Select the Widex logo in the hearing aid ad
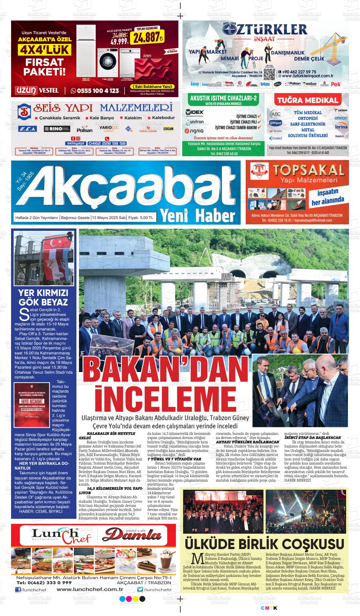coord(195,112)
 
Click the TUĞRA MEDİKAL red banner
coord(307,101)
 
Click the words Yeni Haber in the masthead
coord(198,215)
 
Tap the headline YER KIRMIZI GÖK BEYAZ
coord(43,297)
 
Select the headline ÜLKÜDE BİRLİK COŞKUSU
coord(264,544)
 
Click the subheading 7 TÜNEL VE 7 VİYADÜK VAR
coord(174,459)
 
